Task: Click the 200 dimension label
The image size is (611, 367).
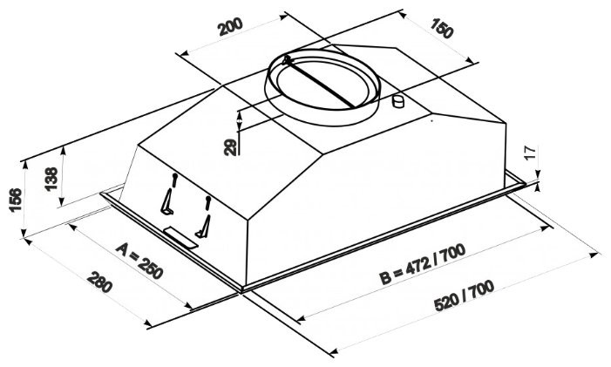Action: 230,27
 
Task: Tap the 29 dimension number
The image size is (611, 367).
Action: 230,146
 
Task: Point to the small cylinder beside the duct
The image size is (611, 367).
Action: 400,102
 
